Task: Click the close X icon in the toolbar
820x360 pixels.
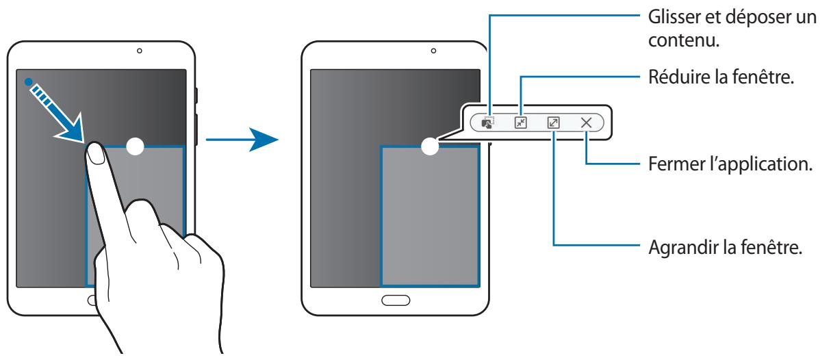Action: (586, 123)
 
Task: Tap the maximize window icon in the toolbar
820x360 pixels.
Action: (553, 123)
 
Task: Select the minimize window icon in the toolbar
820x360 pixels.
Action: (521, 123)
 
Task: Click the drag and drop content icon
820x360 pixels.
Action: (487, 123)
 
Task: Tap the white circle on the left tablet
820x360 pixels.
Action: (136, 146)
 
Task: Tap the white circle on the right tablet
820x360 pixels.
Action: (429, 146)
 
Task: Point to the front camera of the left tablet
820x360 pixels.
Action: (139, 51)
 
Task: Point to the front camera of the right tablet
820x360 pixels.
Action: (433, 51)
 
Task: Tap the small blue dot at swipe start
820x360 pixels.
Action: (28, 81)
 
